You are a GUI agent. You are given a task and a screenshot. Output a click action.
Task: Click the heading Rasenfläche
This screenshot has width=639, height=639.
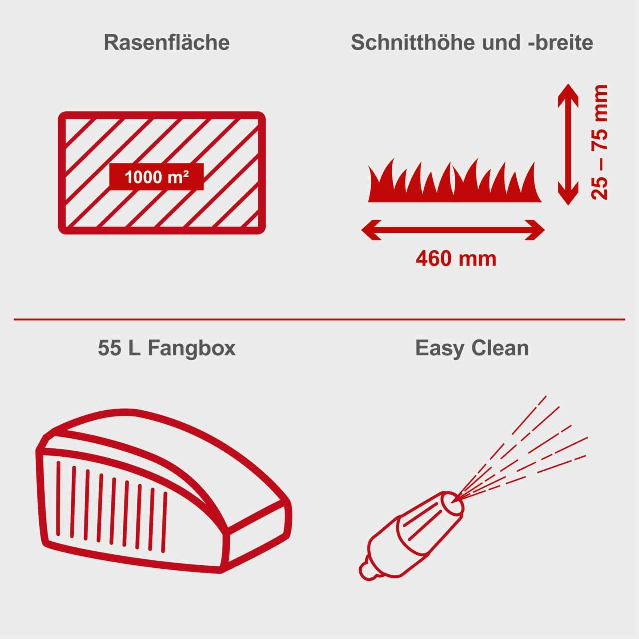(166, 43)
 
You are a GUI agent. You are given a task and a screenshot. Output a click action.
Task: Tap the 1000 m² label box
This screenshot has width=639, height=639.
(156, 177)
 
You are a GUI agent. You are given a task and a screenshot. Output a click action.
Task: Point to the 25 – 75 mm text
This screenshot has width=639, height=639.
(600, 143)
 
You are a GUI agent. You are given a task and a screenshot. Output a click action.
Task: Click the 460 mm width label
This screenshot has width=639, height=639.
(456, 259)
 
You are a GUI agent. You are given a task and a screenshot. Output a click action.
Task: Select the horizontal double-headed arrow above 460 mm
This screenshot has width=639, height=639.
(453, 230)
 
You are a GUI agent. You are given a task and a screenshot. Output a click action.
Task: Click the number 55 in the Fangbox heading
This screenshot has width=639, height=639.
(110, 348)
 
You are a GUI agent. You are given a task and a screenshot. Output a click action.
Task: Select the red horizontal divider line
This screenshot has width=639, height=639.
(319, 319)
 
